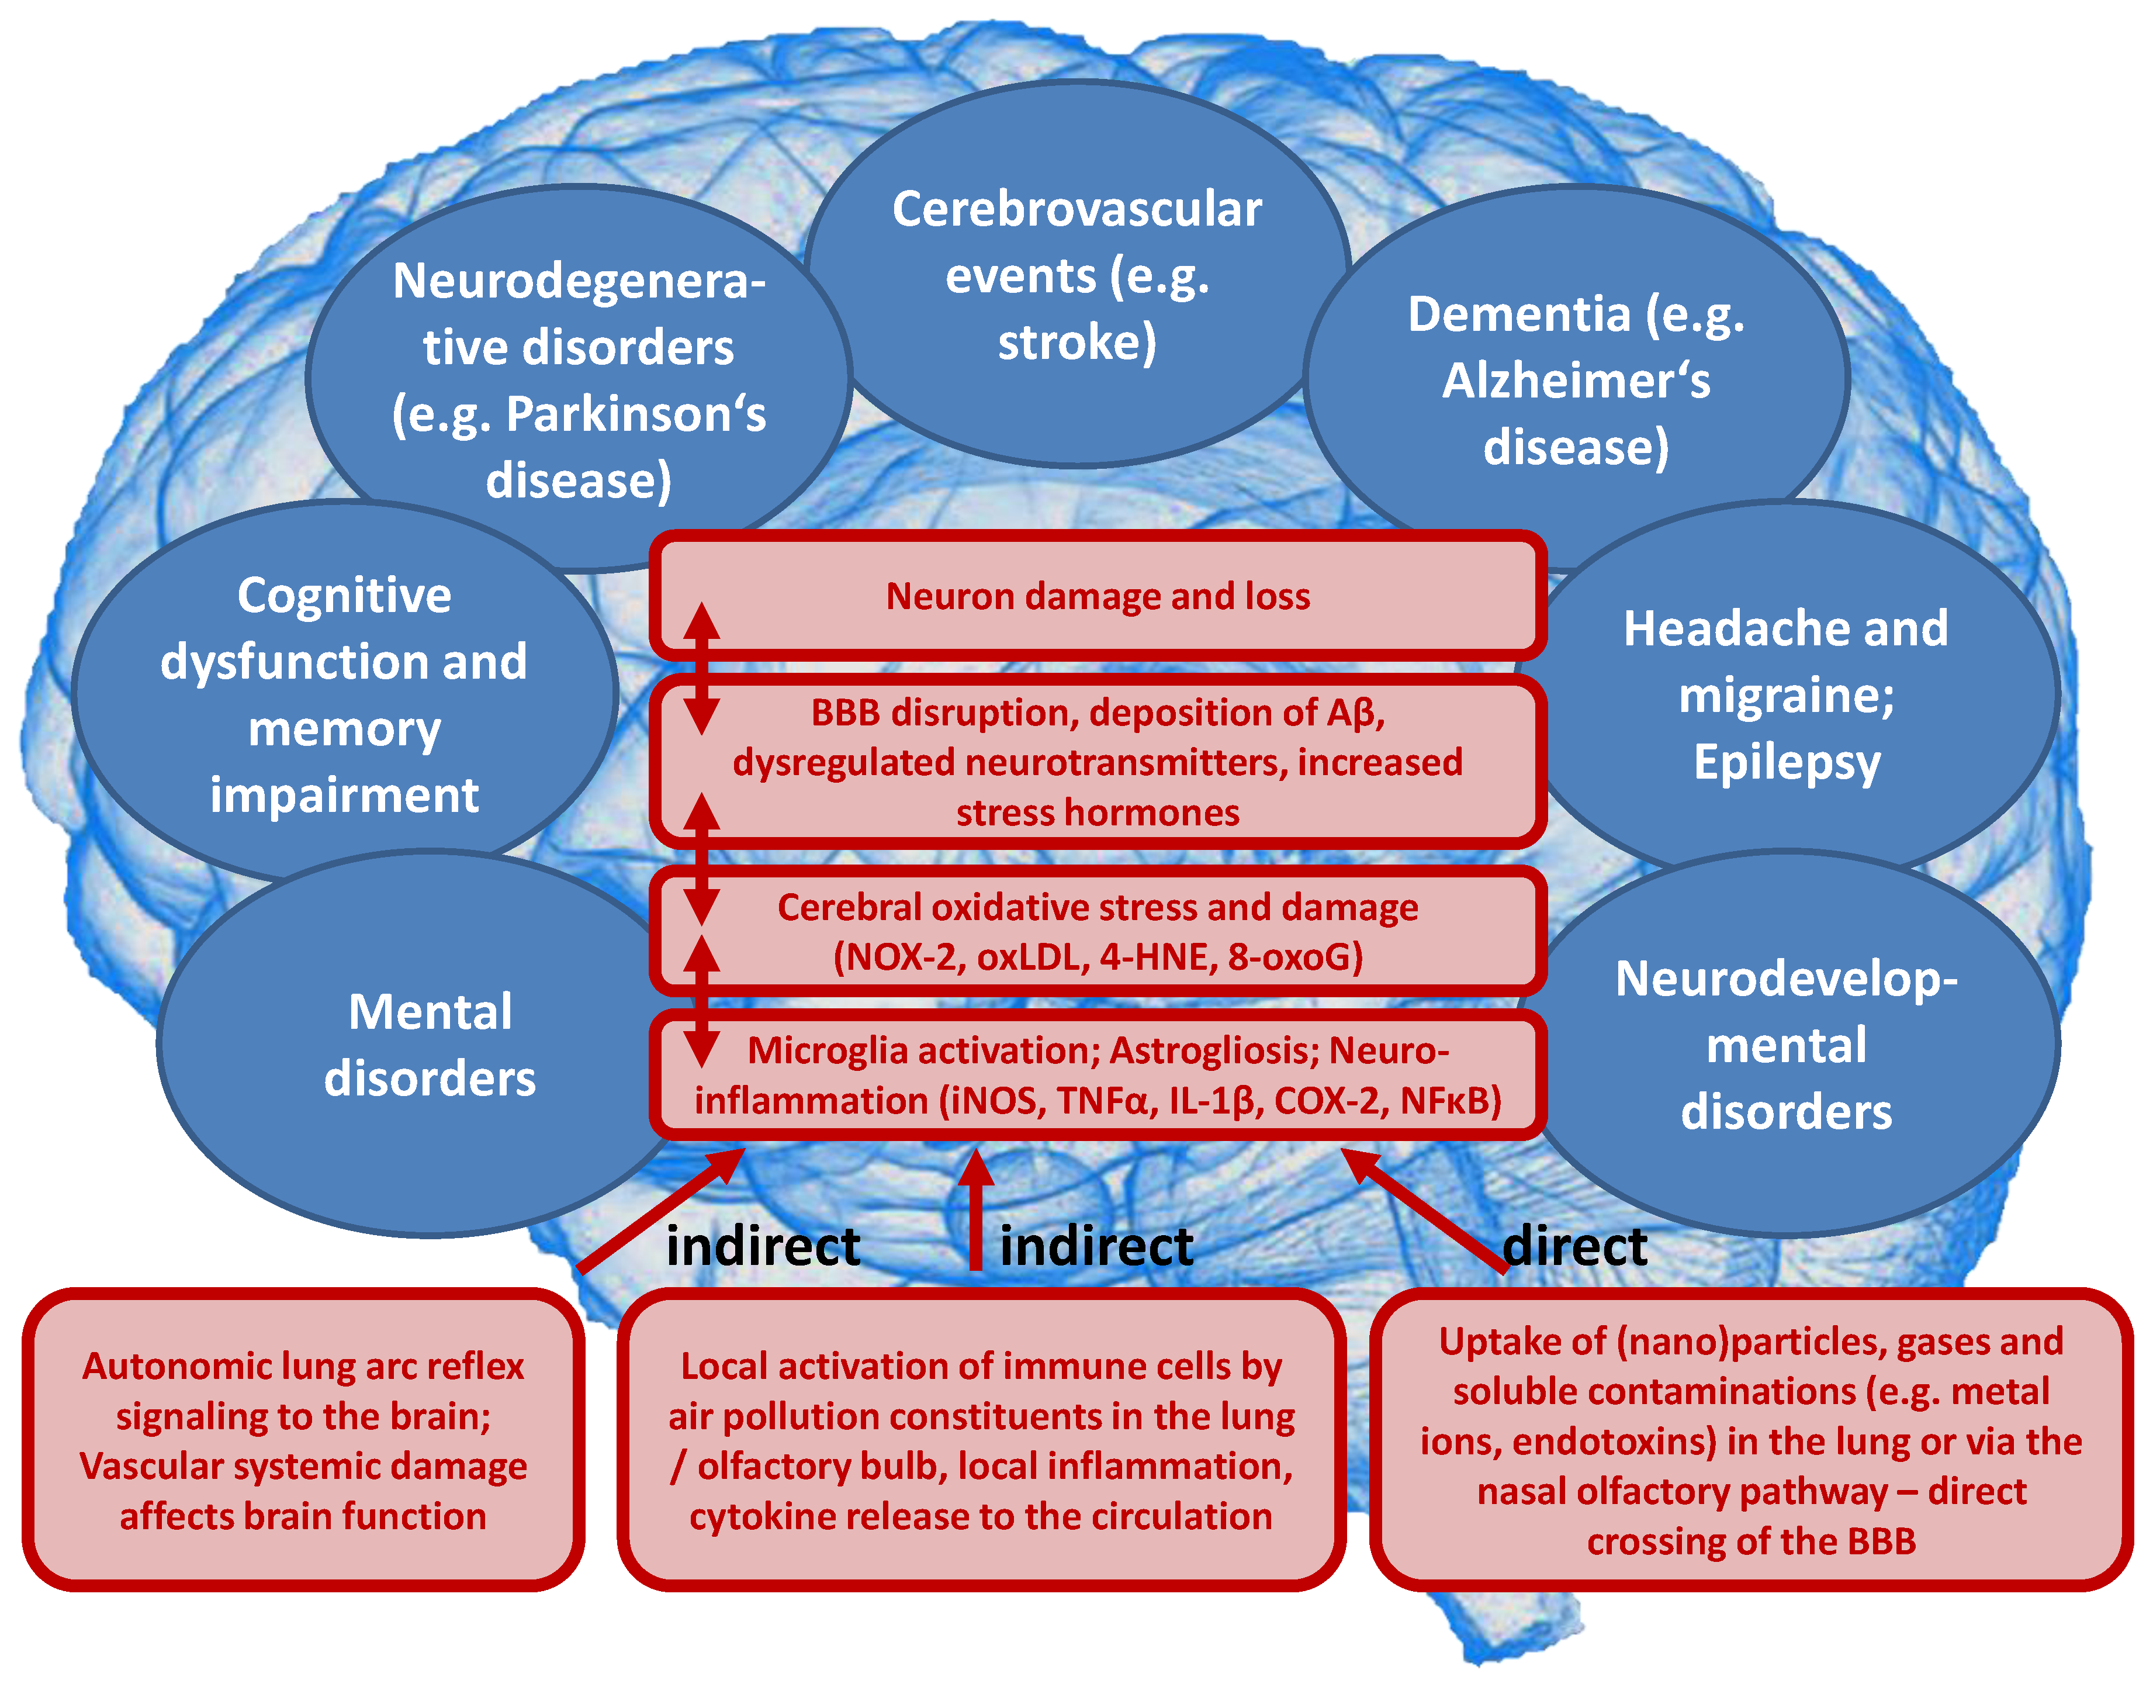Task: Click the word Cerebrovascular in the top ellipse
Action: click(x=1076, y=209)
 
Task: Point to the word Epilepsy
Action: click(x=1787, y=762)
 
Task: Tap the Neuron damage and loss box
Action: click(x=1097, y=596)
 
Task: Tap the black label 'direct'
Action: click(x=1574, y=1246)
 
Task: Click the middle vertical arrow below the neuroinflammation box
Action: click(x=976, y=1210)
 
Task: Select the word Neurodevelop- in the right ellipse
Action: click(x=1785, y=979)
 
